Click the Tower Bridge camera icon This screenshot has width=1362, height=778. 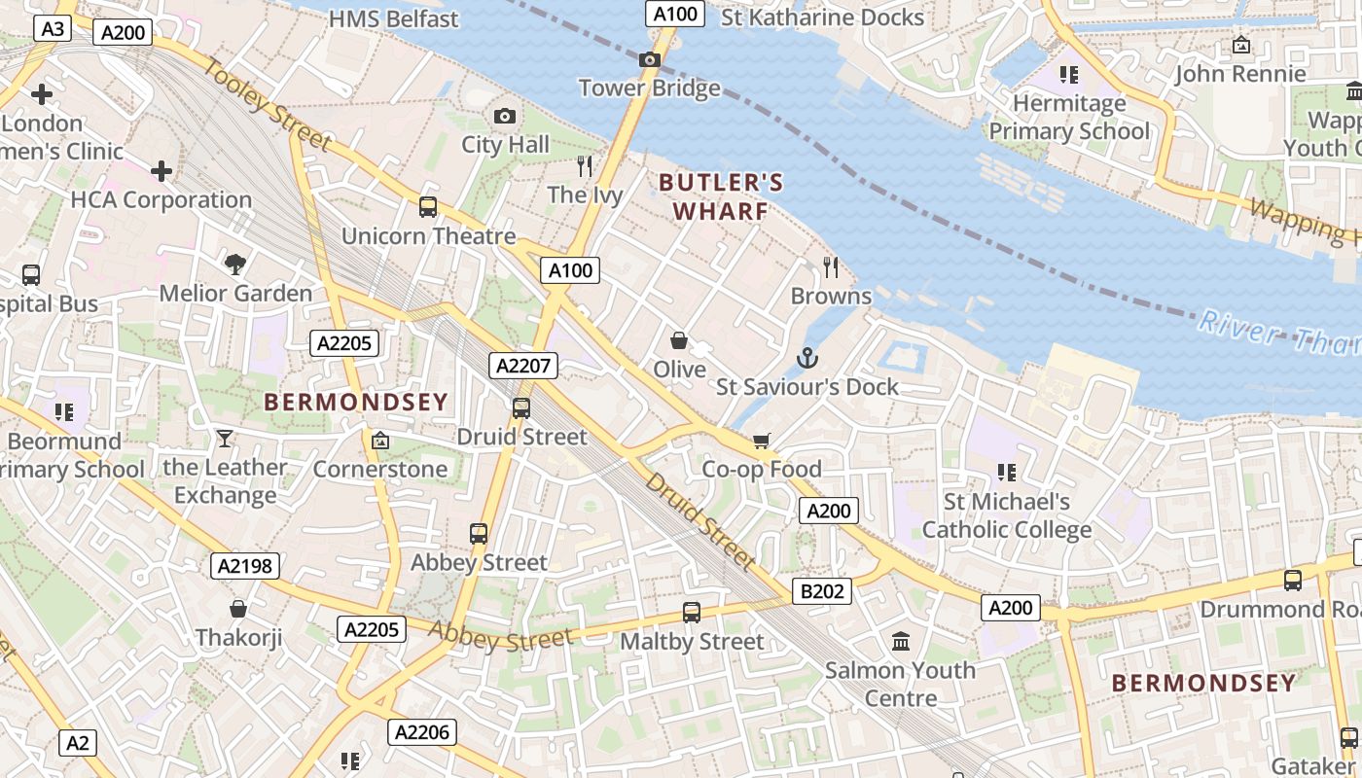point(650,60)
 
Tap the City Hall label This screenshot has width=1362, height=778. point(505,145)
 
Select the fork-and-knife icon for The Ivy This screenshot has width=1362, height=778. point(585,166)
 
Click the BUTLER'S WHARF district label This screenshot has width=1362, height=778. point(720,196)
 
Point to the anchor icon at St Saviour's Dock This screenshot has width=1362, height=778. point(806,359)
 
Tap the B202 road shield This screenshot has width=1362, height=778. point(822,590)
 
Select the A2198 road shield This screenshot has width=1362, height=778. point(244,566)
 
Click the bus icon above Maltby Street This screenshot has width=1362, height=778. point(691,613)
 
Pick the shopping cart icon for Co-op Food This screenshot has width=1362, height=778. point(762,441)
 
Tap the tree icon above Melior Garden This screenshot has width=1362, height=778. point(234,264)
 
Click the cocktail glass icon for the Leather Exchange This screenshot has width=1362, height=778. point(225,439)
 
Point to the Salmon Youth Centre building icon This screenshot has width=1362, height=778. point(901,642)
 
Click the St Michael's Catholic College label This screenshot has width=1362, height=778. point(1007,515)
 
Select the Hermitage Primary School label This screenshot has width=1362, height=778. point(1069,117)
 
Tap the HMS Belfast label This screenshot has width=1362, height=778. point(393,18)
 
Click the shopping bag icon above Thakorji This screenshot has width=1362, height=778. point(238,610)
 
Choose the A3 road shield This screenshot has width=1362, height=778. point(53,29)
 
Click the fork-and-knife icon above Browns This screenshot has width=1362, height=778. point(831,265)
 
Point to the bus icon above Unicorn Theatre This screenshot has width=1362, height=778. point(428,206)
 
